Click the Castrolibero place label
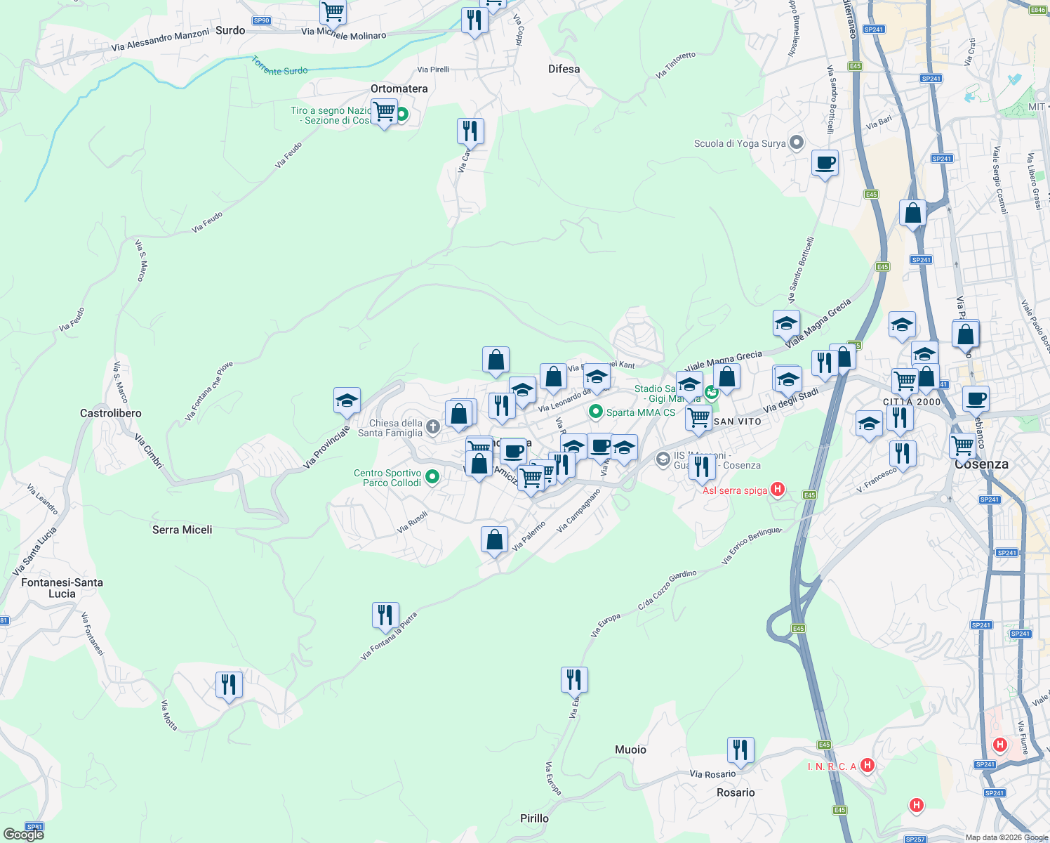[111, 413]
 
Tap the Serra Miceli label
[182, 530]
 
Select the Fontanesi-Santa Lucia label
[62, 588]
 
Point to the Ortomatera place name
[399, 89]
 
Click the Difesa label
[564, 69]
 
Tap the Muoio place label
[630, 750]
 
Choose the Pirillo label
[534, 818]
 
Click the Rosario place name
[736, 792]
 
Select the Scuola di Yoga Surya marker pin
[796, 143]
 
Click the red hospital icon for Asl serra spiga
[777, 490]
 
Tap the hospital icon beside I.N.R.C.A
[868, 765]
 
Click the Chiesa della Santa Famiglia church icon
[433, 426]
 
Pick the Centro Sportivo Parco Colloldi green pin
[432, 477]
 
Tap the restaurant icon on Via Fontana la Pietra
[385, 615]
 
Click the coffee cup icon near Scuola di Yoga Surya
[825, 163]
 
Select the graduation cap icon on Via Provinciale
[347, 400]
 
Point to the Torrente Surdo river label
[279, 67]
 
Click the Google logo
[23, 834]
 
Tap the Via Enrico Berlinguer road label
[751, 545]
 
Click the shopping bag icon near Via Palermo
[494, 540]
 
